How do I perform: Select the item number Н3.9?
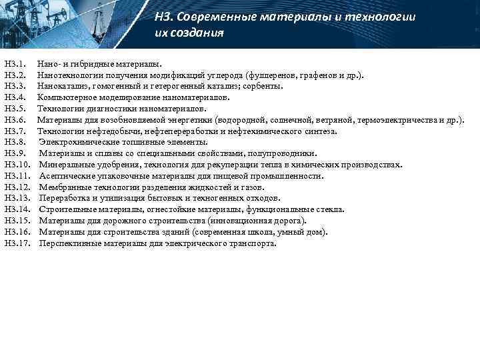coord(15,153)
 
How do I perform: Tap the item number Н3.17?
coord(17,243)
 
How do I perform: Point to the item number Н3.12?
coord(17,187)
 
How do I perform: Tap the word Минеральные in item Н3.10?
coord(65,165)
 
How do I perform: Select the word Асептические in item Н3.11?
coord(65,176)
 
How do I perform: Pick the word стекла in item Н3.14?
coord(331,209)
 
